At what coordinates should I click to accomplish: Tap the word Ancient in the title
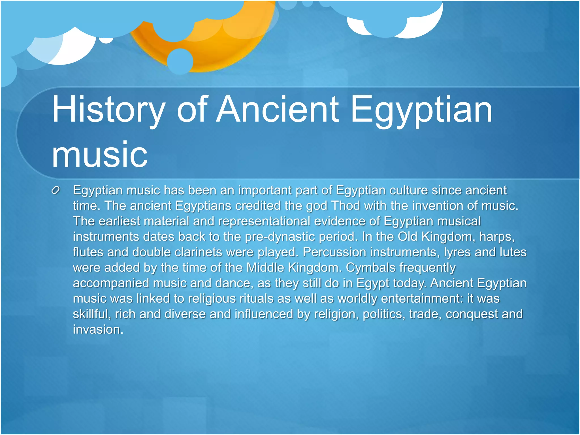277,110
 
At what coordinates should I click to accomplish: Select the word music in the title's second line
100,155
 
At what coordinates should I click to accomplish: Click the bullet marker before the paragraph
56,191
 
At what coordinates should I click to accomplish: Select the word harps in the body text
496,237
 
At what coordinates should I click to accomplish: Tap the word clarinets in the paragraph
198,252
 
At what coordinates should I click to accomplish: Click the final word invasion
98,330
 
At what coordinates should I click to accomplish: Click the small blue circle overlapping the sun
180,61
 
